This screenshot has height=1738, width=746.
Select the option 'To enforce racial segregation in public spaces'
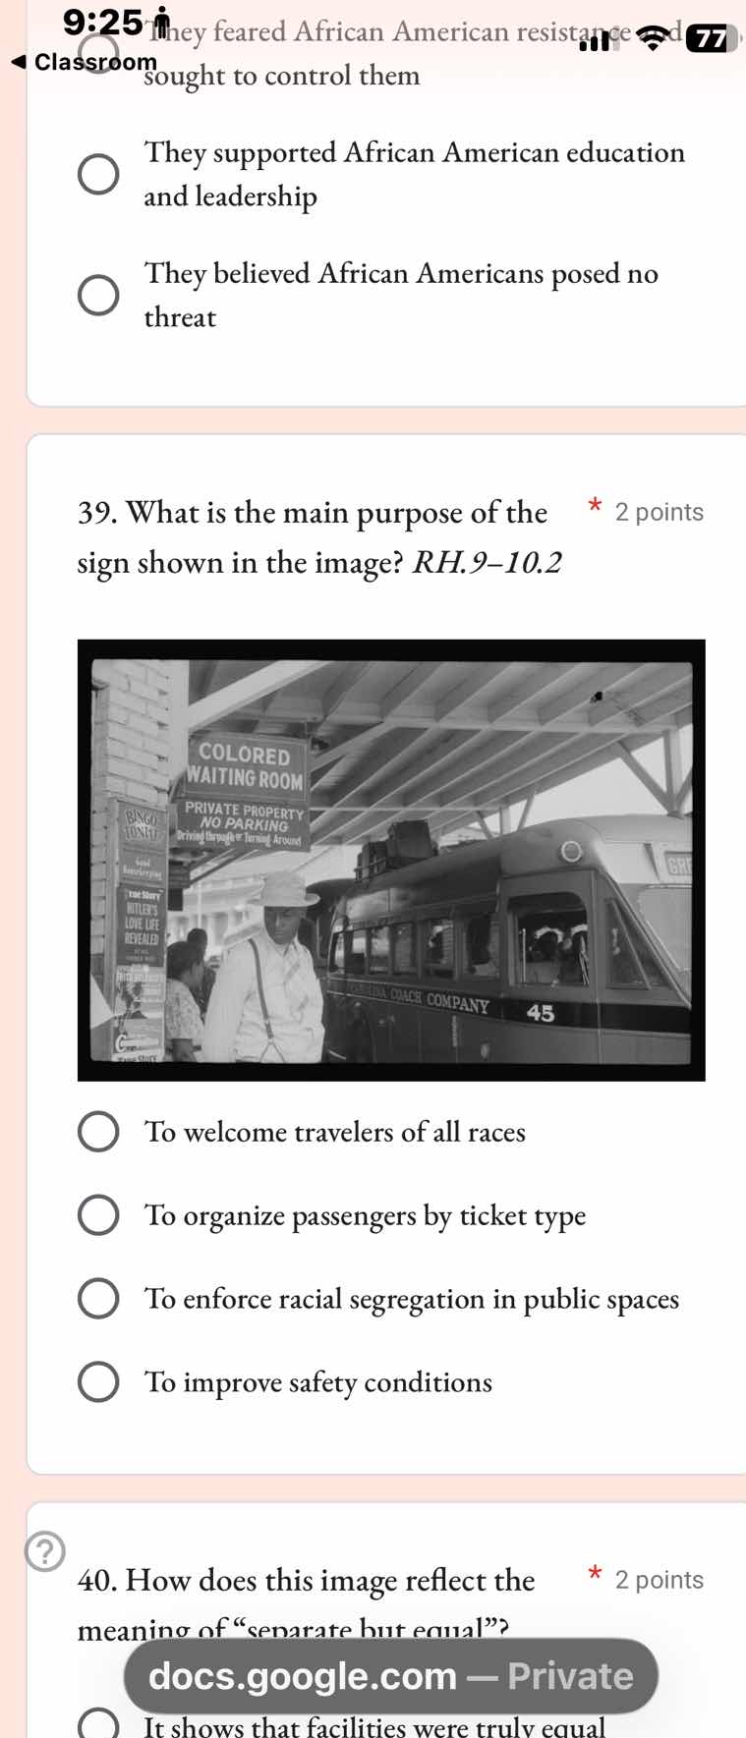tap(98, 1298)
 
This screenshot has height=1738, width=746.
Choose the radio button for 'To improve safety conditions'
tap(98, 1381)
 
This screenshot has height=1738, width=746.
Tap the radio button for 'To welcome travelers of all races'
tap(98, 1132)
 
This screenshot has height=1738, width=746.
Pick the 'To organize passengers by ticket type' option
tap(98, 1215)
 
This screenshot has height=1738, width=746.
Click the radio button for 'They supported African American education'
tap(98, 174)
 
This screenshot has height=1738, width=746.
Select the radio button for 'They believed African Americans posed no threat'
tap(98, 295)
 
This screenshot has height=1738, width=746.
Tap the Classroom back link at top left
tap(84, 62)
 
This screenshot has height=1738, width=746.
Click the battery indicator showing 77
tap(710, 38)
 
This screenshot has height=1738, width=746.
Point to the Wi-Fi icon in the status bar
tap(651, 38)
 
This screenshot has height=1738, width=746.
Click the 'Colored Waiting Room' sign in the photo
tap(246, 766)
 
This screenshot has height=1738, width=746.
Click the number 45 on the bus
tap(541, 1012)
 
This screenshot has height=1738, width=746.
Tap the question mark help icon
tap(44, 1551)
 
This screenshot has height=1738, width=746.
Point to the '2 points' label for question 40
tap(659, 1580)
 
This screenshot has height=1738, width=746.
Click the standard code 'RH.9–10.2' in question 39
tap(487, 563)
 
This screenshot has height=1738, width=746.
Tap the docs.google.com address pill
tap(390, 1675)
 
